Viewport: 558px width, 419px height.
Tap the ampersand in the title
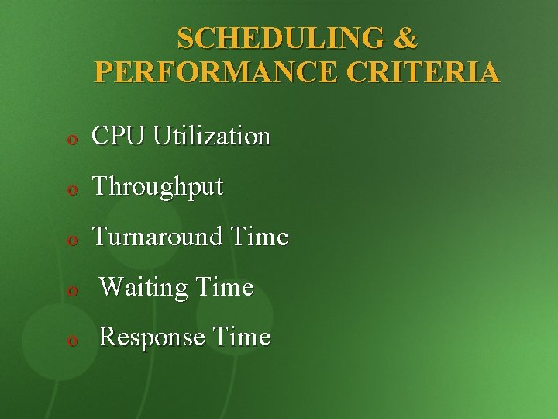pyautogui.click(x=406, y=37)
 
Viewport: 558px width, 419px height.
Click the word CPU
pyautogui.click(x=119, y=137)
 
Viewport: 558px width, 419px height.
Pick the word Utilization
pyautogui.click(x=212, y=137)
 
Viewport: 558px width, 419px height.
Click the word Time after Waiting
pyautogui.click(x=225, y=288)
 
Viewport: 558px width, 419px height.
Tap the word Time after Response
pyautogui.click(x=242, y=338)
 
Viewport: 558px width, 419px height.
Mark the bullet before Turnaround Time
pyautogui.click(x=71, y=240)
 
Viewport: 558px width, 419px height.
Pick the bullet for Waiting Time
pyautogui.click(x=71, y=291)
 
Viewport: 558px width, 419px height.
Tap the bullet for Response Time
pyautogui.click(x=71, y=341)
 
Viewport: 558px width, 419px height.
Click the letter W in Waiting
pyautogui.click(x=110, y=288)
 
